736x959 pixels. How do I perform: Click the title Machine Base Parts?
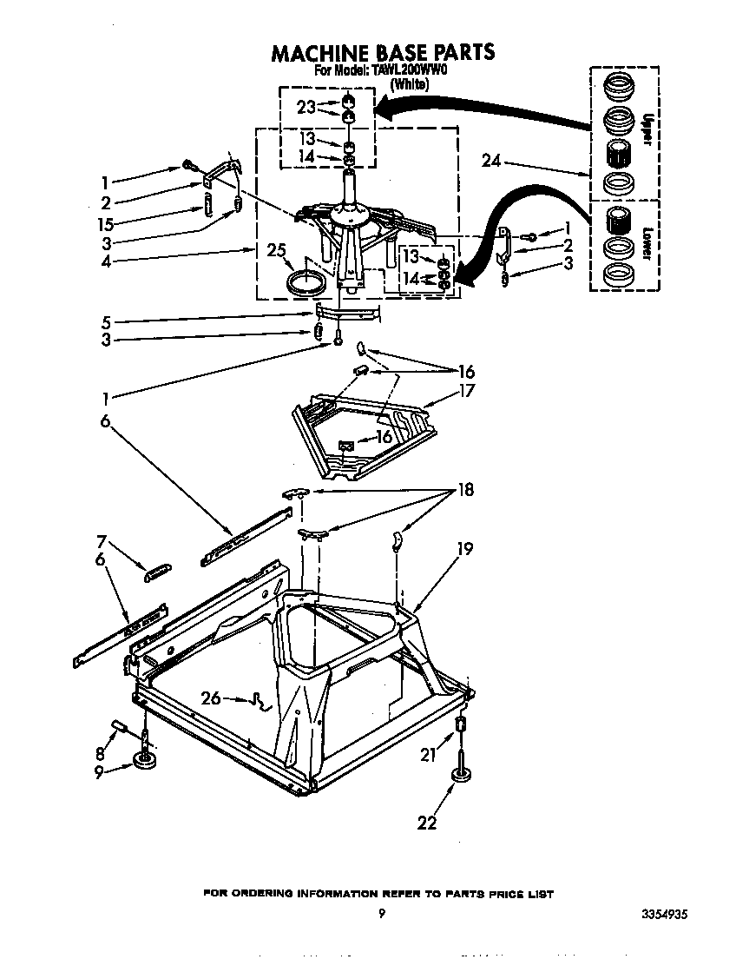pyautogui.click(x=383, y=52)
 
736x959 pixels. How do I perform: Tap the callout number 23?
pyautogui.click(x=306, y=107)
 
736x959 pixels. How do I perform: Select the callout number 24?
pyautogui.click(x=491, y=162)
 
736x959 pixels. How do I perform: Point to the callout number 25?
pyautogui.click(x=277, y=251)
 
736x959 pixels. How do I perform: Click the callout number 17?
pyautogui.click(x=468, y=391)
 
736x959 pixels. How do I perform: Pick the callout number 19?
pyautogui.click(x=464, y=548)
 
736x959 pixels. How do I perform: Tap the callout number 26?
pyautogui.click(x=211, y=697)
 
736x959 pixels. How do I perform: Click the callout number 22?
pyautogui.click(x=428, y=823)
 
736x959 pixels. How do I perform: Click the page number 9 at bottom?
pyautogui.click(x=381, y=913)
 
